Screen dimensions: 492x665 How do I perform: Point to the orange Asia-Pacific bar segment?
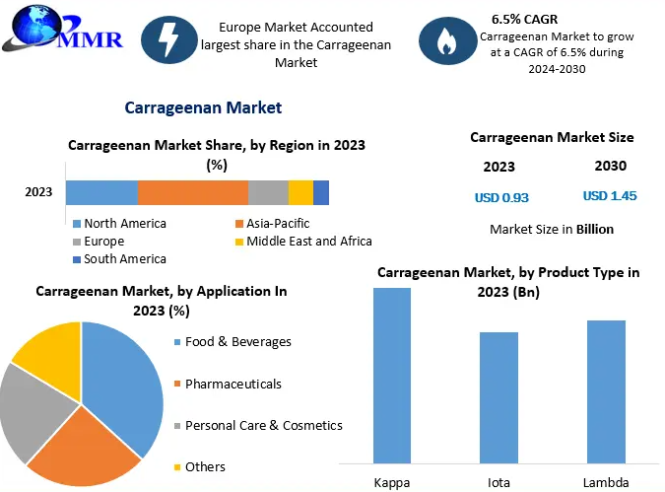click(x=193, y=192)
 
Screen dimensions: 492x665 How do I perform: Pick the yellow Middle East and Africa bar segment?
click(x=300, y=192)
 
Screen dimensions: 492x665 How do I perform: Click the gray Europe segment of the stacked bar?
click(x=268, y=192)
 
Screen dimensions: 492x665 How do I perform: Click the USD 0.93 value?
click(x=501, y=197)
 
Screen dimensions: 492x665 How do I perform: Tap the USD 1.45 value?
click(x=610, y=196)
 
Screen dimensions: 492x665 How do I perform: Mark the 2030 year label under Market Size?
click(x=611, y=166)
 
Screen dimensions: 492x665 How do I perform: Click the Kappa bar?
click(x=392, y=375)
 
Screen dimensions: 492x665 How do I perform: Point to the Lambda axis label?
click(x=605, y=482)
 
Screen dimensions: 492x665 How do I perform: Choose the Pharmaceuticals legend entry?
click(x=233, y=384)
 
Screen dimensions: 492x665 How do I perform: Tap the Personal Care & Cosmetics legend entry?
click(x=263, y=425)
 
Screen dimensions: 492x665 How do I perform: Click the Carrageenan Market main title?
click(x=203, y=107)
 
